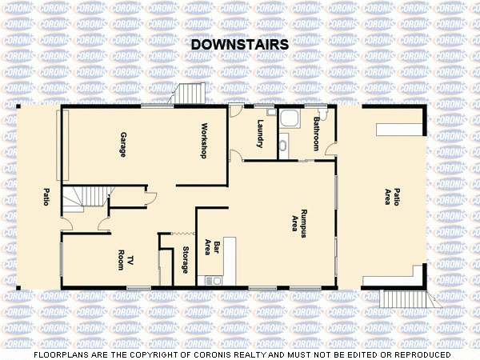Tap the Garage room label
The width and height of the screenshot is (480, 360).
123,144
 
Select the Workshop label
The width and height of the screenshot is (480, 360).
205,141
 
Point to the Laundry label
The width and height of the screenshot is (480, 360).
261,134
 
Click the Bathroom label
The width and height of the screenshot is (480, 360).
317,134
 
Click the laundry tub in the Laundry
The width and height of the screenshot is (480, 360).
271,113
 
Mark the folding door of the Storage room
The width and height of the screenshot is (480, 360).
172,234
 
